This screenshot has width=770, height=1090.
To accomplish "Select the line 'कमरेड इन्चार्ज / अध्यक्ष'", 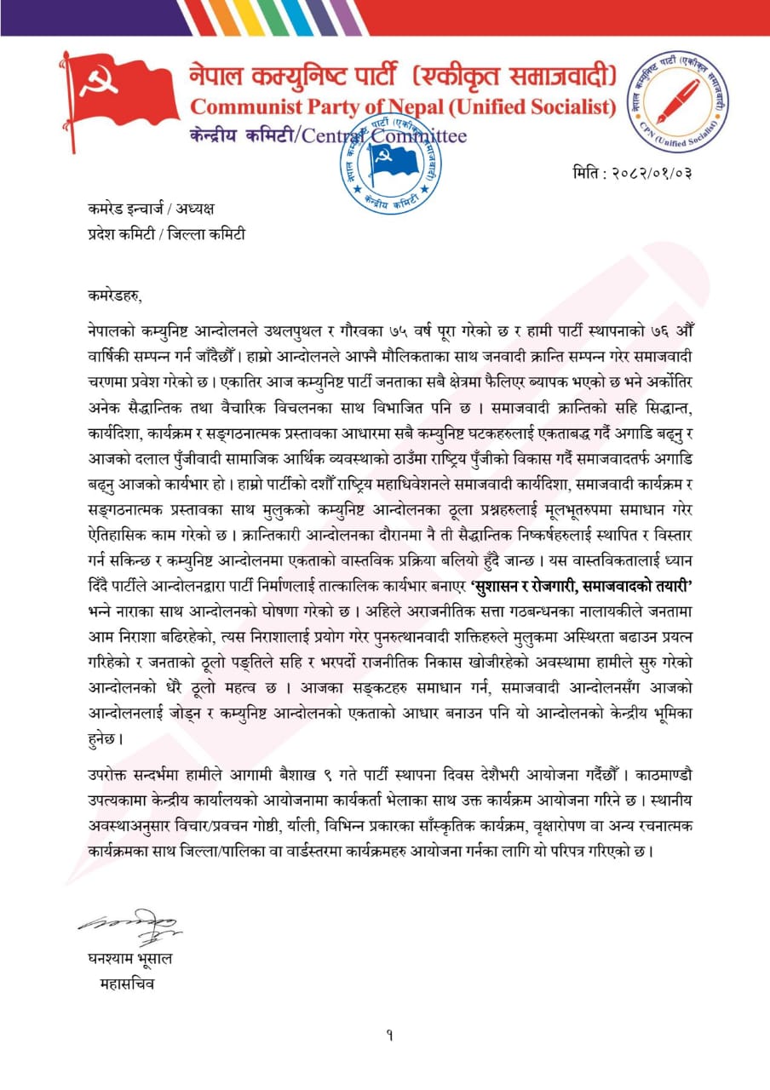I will coord(152,207).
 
